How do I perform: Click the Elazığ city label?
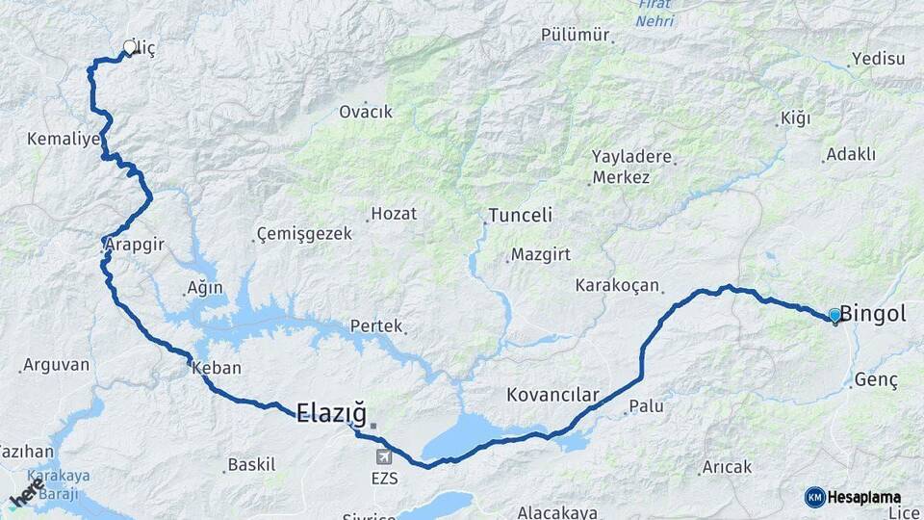(x=331, y=414)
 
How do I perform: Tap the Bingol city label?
(x=873, y=314)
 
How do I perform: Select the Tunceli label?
(x=520, y=215)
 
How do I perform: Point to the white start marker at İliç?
(x=130, y=47)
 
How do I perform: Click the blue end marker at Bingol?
(x=834, y=315)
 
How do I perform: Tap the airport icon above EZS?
(x=384, y=455)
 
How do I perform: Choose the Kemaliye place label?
(x=64, y=139)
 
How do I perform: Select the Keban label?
(x=217, y=368)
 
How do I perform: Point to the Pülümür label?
(x=576, y=35)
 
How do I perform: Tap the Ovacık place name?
(x=366, y=112)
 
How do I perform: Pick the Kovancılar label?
(x=552, y=395)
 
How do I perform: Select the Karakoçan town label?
(x=617, y=285)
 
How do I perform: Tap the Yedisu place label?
(x=879, y=59)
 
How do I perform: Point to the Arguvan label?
(x=56, y=365)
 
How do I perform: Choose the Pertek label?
(x=375, y=326)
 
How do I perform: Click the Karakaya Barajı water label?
(x=57, y=482)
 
